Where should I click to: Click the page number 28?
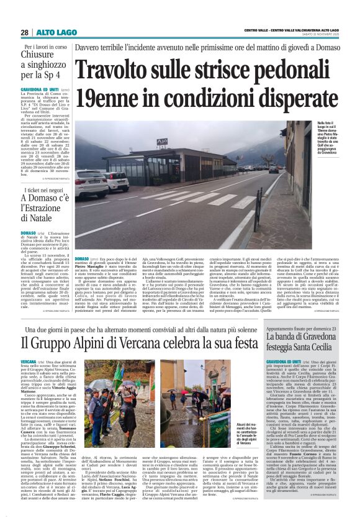[x=24, y=32]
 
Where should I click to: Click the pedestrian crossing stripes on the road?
[x=211, y=205]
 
